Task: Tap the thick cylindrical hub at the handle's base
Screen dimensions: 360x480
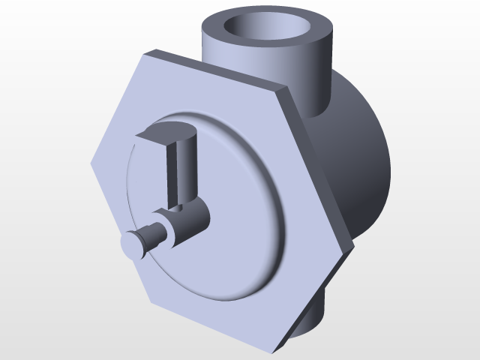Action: tap(191, 221)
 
